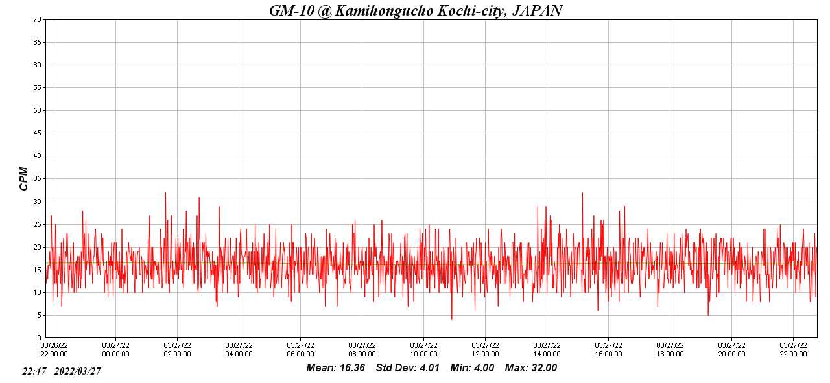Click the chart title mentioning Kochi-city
click(x=415, y=10)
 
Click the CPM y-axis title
click(x=24, y=178)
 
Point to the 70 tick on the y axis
click(x=37, y=19)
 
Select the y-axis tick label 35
click(x=37, y=179)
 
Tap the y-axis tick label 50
click(x=37, y=110)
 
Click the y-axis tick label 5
click(x=39, y=315)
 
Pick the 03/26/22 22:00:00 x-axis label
click(x=54, y=349)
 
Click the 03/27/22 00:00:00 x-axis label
click(x=115, y=349)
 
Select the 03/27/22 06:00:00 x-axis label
click(x=300, y=349)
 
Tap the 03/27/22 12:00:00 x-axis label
click(x=485, y=349)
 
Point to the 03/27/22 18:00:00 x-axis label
click(x=670, y=349)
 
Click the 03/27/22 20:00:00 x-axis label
click(x=731, y=349)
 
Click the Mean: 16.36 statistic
click(x=336, y=368)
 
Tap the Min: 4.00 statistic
click(x=472, y=368)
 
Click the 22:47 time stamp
click(x=34, y=371)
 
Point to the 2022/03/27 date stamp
click(x=77, y=371)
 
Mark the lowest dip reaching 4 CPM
click(x=451, y=319)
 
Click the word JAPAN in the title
click(x=537, y=10)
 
